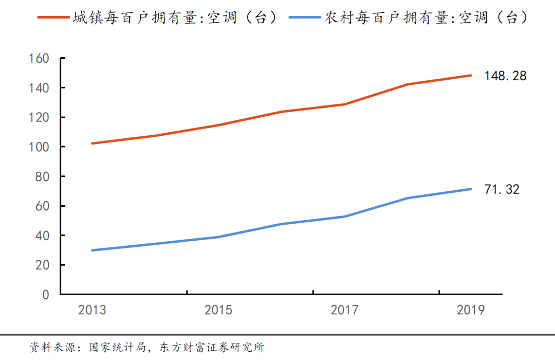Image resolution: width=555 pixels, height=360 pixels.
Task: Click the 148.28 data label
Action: coord(505,76)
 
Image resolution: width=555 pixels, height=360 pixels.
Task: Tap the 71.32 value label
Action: coord(502,189)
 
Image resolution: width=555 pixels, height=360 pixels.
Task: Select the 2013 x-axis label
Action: coord(92,310)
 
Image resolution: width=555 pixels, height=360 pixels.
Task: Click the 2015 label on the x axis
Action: coord(218,310)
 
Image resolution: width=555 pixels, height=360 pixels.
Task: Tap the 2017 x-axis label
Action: coord(344,310)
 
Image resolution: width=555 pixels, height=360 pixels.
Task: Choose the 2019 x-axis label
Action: coord(471,310)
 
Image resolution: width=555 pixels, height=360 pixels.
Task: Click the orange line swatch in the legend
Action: coord(53,17)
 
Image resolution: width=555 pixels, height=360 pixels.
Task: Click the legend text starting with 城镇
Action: coord(174,17)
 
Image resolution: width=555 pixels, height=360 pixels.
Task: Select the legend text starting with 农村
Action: coord(426,17)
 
